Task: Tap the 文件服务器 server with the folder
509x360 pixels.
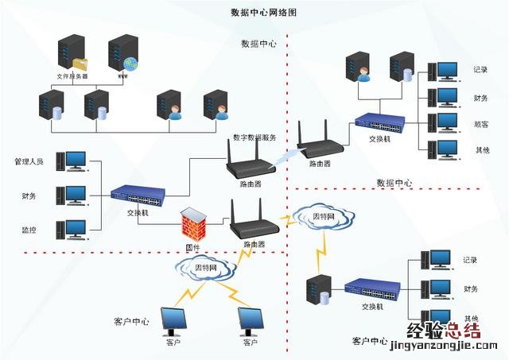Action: coord(72,53)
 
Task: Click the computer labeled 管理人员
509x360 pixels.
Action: coord(76,161)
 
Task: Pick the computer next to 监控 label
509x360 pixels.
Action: coord(76,229)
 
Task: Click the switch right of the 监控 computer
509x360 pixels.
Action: coord(138,195)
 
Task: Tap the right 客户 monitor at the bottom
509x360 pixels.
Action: coord(251,321)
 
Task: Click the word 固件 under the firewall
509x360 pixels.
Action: coord(192,247)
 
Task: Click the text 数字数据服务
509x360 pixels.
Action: coord(254,137)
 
